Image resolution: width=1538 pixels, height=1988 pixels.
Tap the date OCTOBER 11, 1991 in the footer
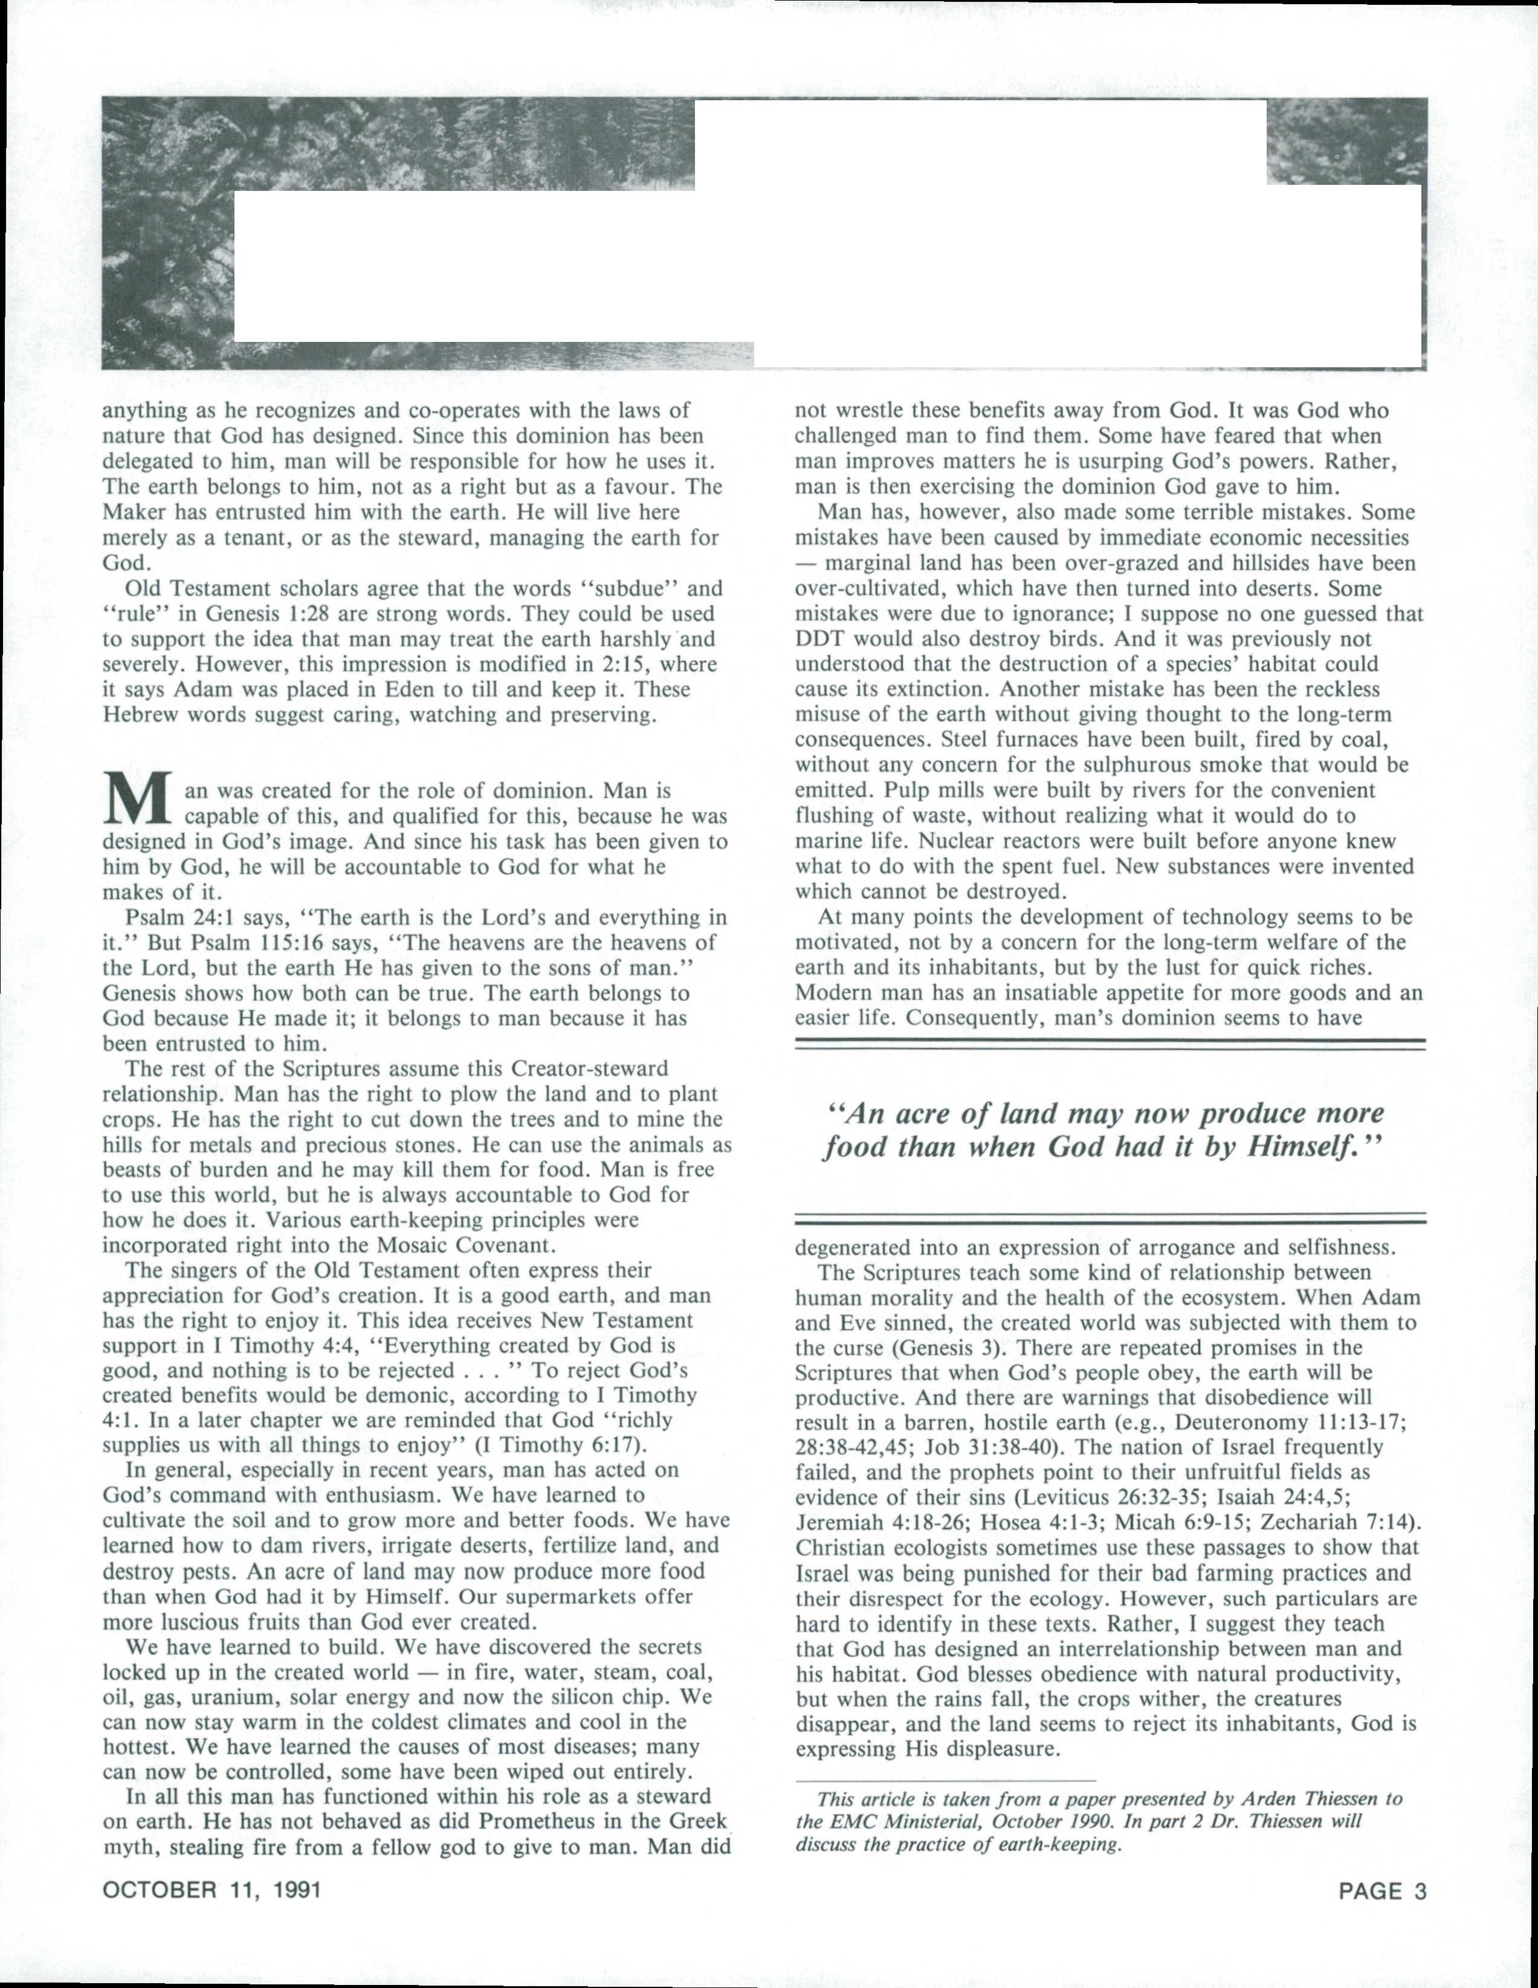[x=212, y=1889]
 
